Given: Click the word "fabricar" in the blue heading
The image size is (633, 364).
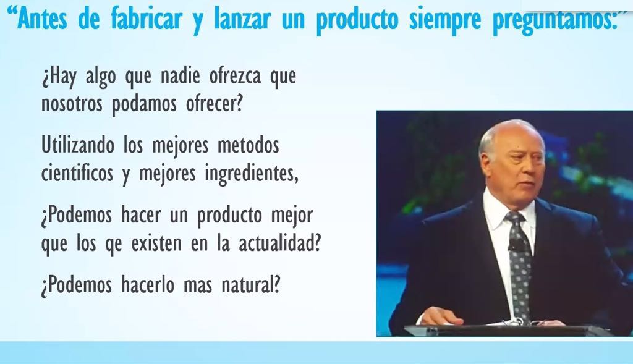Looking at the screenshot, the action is [x=147, y=19].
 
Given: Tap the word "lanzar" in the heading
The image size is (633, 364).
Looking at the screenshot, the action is [x=242, y=19].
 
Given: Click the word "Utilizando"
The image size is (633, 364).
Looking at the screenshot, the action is [x=78, y=145].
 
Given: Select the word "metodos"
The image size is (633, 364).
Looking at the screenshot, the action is [x=249, y=145].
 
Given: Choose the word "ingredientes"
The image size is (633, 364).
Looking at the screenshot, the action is [x=251, y=174].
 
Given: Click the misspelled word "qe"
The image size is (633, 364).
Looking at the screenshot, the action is [x=114, y=245].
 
